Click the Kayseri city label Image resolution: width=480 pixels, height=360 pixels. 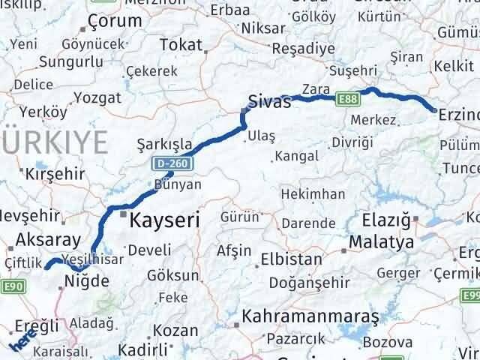(x=164, y=220)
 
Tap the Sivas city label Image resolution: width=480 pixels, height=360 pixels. (x=269, y=102)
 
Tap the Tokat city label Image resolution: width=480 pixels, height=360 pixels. (x=181, y=45)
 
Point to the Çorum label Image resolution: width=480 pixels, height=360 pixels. (x=115, y=20)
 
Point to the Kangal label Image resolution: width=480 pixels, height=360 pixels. (x=296, y=157)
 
